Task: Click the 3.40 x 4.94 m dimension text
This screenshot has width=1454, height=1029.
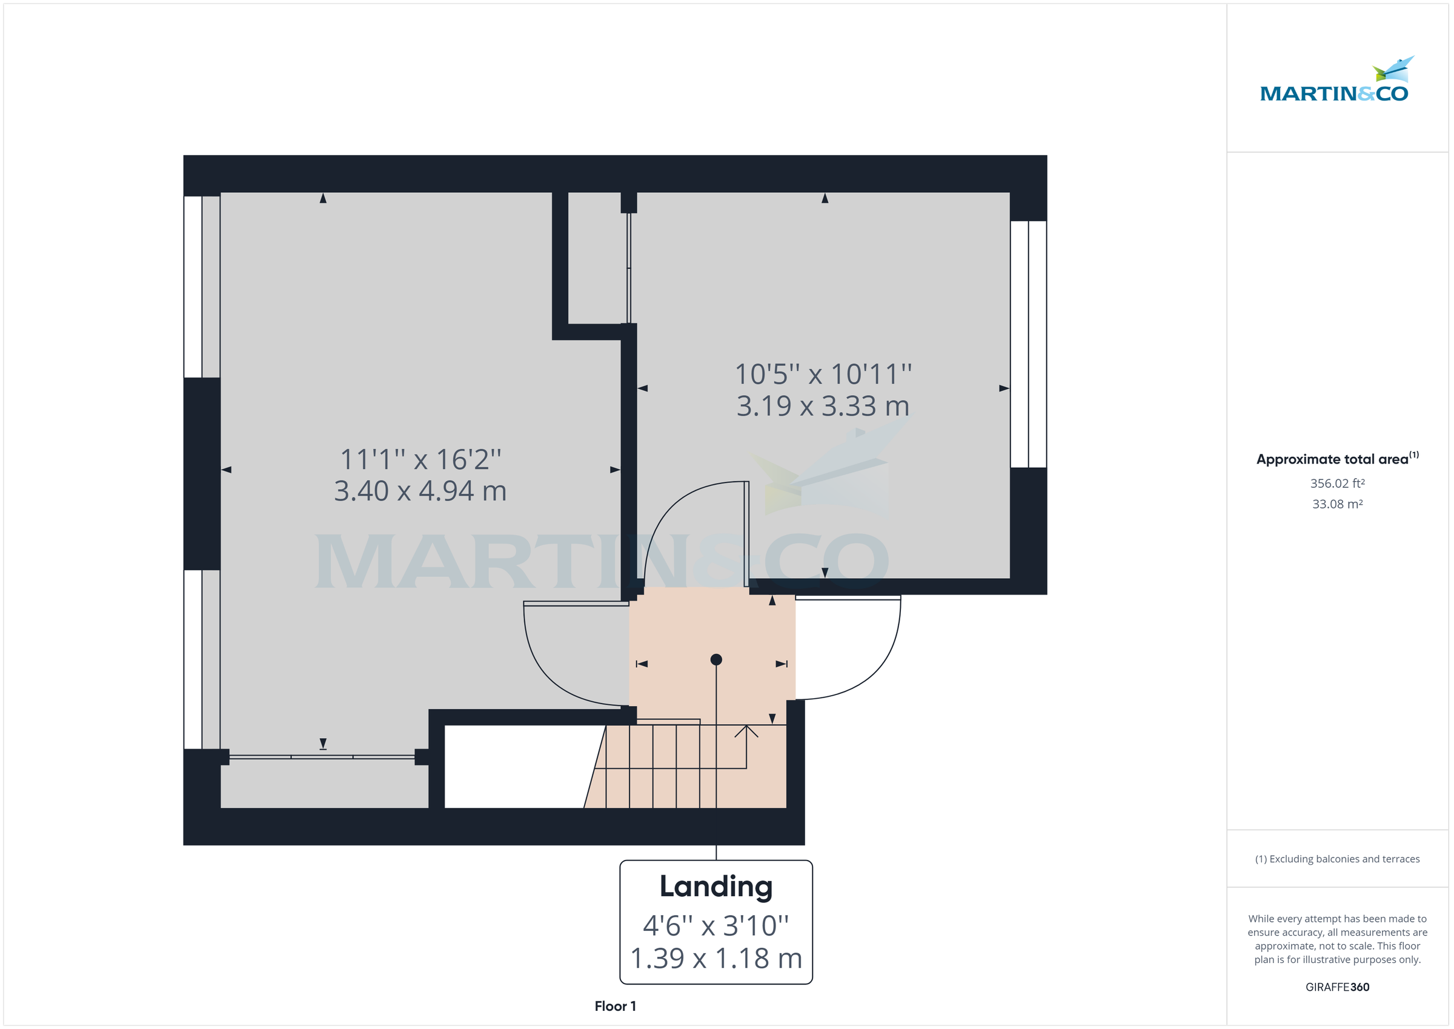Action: pos(420,491)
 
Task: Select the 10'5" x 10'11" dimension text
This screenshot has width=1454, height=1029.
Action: pos(823,375)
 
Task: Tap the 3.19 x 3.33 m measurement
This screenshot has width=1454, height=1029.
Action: pos(823,406)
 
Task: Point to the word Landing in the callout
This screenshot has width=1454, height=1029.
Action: pos(715,887)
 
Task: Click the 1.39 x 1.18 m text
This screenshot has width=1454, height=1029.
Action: pos(715,959)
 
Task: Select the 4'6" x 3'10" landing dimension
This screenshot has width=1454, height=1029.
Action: pos(715,926)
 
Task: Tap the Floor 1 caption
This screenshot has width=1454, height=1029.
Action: pos(615,1006)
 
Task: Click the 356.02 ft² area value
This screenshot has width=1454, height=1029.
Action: pos(1337,484)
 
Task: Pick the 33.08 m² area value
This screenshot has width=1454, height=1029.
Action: pos(1337,504)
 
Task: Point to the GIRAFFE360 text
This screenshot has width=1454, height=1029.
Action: pos(1337,987)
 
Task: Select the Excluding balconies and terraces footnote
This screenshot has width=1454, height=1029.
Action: pos(1337,859)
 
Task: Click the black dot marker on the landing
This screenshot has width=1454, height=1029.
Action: pos(716,659)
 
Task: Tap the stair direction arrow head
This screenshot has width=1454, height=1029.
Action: pos(746,731)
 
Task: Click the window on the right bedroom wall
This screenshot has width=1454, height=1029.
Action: pos(1028,344)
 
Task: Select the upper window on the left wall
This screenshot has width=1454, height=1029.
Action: pos(201,287)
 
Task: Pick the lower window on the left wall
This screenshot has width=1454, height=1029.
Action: pos(201,659)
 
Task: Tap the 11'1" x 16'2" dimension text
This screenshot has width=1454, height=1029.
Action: pos(420,460)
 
